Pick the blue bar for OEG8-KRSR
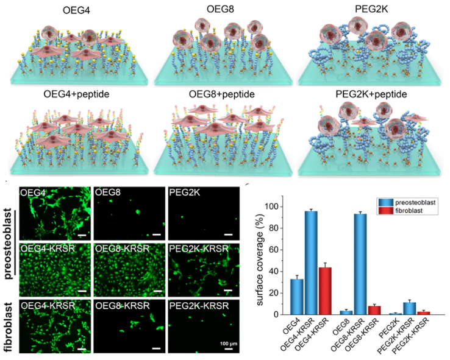[x=365, y=264]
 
